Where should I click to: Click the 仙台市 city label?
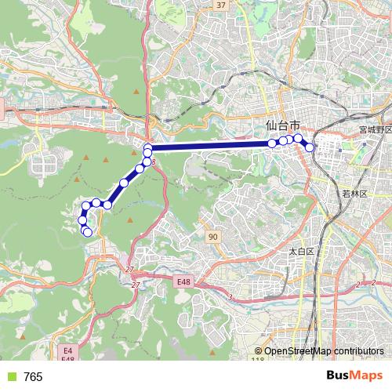(x=283, y=125)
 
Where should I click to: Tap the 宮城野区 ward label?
(x=375, y=129)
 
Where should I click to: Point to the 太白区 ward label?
(x=300, y=252)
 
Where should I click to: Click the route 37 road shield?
(x=220, y=5)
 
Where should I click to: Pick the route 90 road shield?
(x=213, y=236)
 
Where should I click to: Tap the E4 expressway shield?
(x=67, y=351)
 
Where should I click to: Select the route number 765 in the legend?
(x=34, y=377)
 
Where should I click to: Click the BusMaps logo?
(x=354, y=376)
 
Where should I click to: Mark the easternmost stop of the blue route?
(x=310, y=147)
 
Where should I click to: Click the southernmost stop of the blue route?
(x=88, y=232)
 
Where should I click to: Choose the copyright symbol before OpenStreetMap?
(x=259, y=351)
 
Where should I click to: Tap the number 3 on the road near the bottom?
(x=231, y=297)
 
